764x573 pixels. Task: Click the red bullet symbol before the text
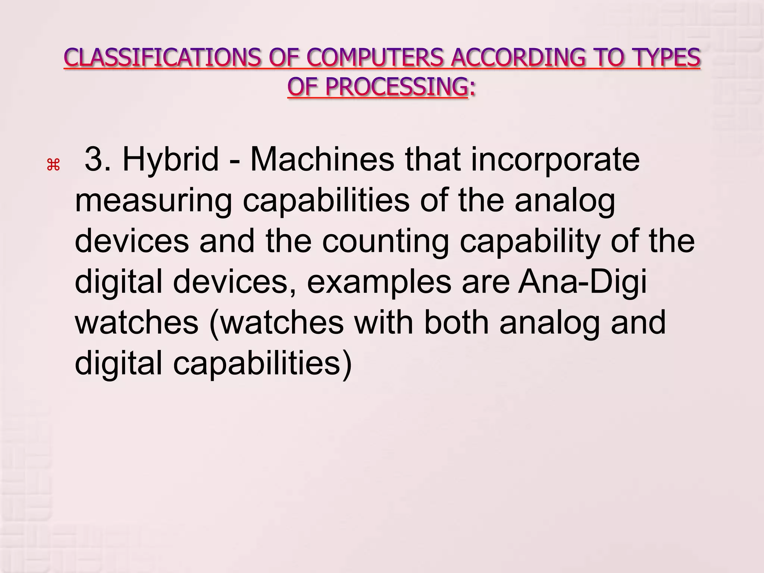tap(53, 165)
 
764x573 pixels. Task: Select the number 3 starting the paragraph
tap(94, 159)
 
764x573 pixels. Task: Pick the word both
tap(456, 323)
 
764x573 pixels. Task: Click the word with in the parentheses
tap(383, 323)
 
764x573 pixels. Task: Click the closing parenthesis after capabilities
tap(347, 364)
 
